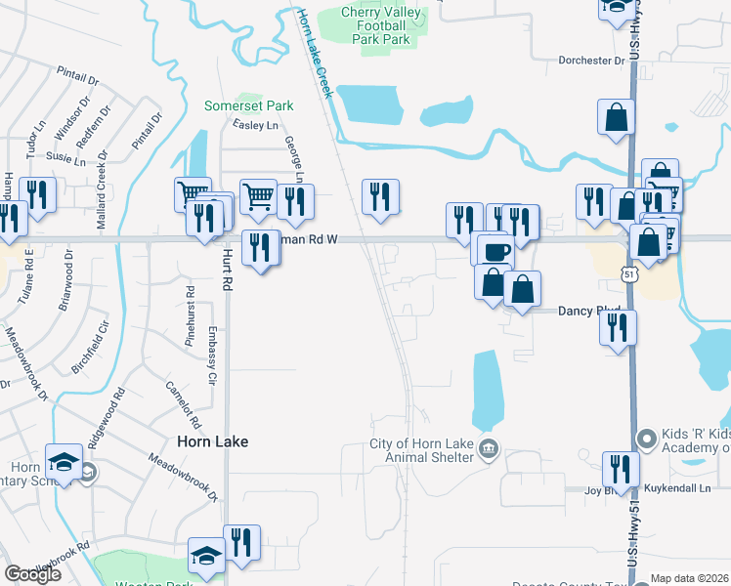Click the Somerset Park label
(248, 105)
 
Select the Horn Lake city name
(212, 441)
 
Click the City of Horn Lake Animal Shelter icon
(490, 449)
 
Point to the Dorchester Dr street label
(590, 61)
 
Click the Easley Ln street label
(255, 125)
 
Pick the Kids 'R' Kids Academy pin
(644, 438)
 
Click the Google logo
(33, 573)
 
